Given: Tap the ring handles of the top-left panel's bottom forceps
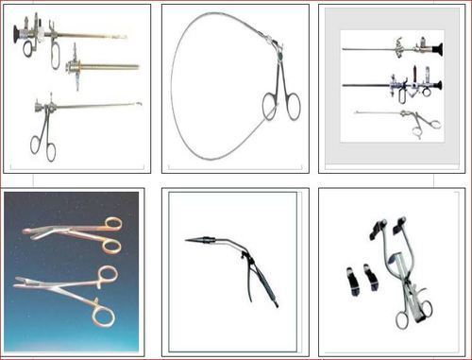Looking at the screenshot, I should pyautogui.click(x=42, y=142).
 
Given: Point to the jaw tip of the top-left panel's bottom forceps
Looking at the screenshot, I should pyautogui.click(x=139, y=104).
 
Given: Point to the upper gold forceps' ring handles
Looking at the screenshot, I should pyautogui.click(x=110, y=232).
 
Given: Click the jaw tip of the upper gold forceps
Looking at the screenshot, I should pyautogui.click(x=25, y=229).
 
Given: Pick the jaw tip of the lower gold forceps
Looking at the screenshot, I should pyautogui.click(x=17, y=282).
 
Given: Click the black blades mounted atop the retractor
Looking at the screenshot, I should pyautogui.click(x=387, y=228).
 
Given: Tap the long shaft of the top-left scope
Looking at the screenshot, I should pyautogui.click(x=85, y=36).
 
